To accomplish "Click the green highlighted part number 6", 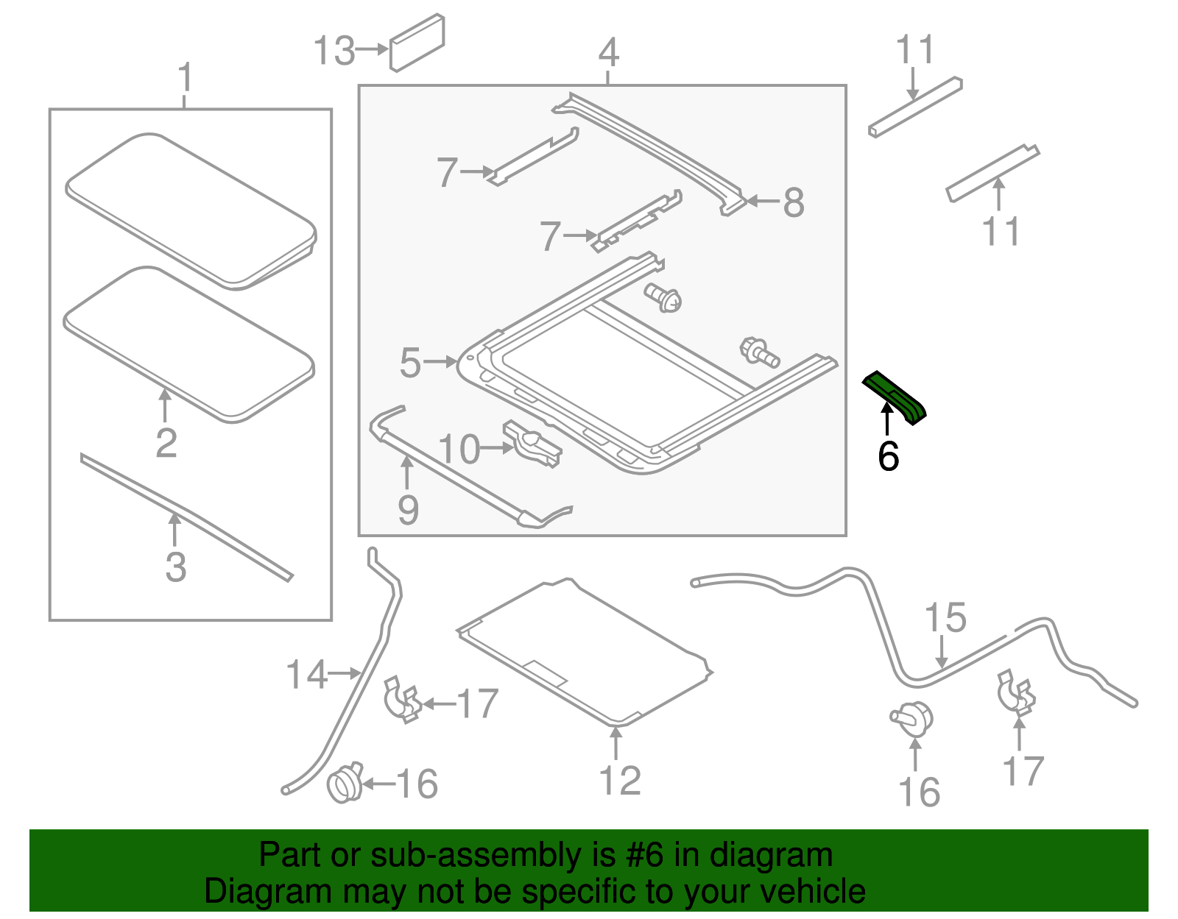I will pyautogui.click(x=895, y=397).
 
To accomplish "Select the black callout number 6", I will pyautogui.click(x=889, y=456).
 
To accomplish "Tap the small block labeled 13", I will pyautogui.click(x=417, y=43).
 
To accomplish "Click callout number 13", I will pyautogui.click(x=334, y=51).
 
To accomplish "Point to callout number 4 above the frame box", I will pyautogui.click(x=608, y=52).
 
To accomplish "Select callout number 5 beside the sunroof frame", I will pyautogui.click(x=410, y=363).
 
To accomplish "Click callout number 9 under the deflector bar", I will pyautogui.click(x=408, y=510).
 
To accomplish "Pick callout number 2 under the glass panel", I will pyautogui.click(x=166, y=442).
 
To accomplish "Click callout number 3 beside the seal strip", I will pyautogui.click(x=175, y=567).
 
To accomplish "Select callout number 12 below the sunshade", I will pyautogui.click(x=620, y=780).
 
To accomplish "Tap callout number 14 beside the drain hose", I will pyautogui.click(x=306, y=674).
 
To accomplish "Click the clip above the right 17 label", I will pyautogui.click(x=1016, y=692).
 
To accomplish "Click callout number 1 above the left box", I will pyautogui.click(x=186, y=77).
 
